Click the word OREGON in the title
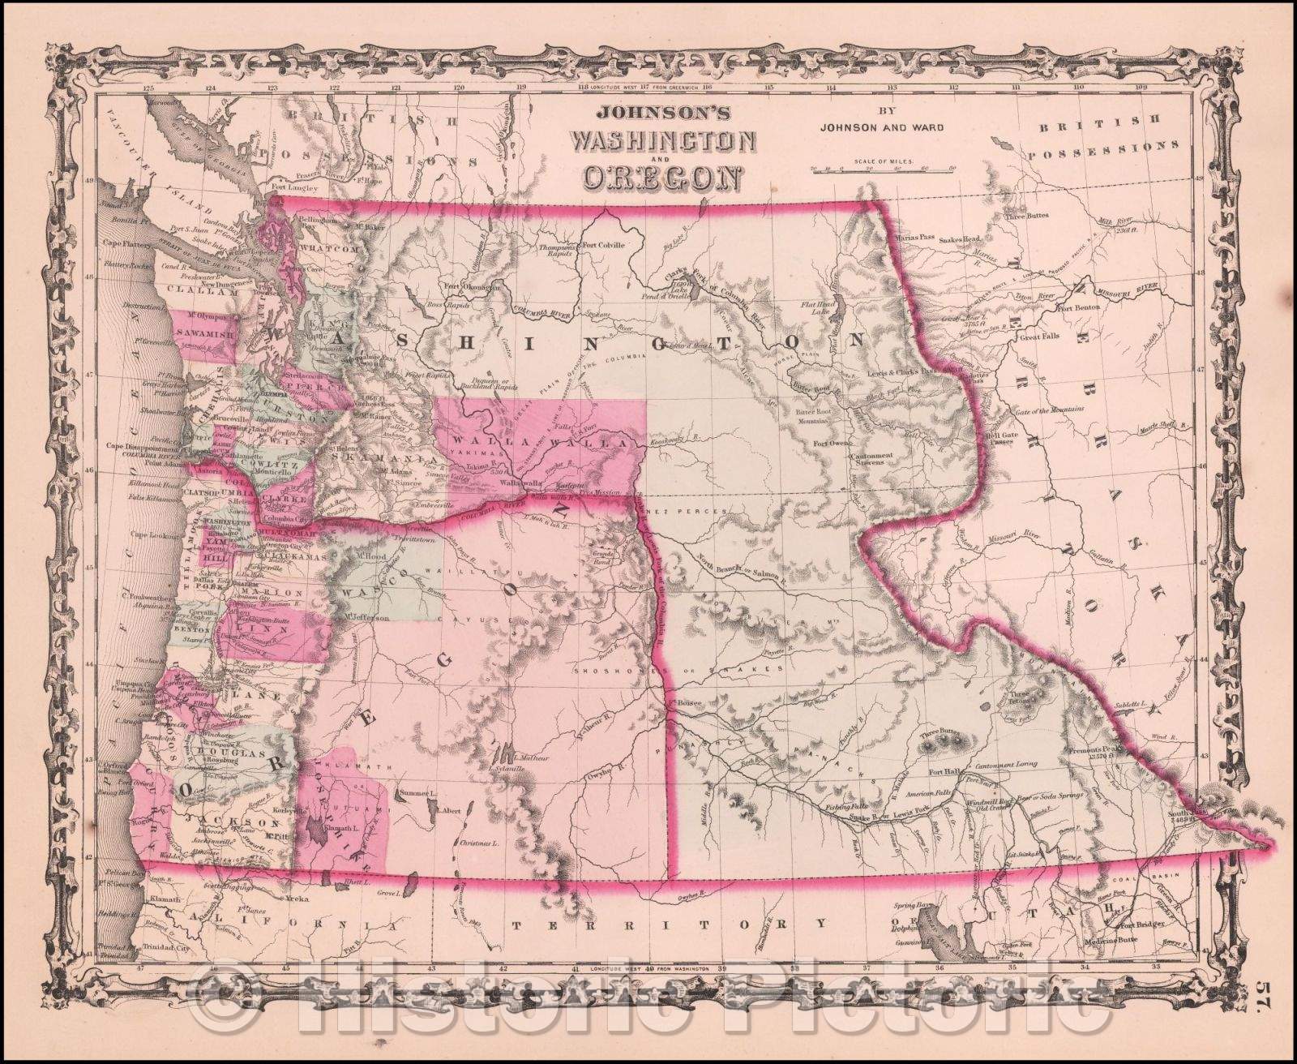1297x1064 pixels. pyautogui.click(x=663, y=176)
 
